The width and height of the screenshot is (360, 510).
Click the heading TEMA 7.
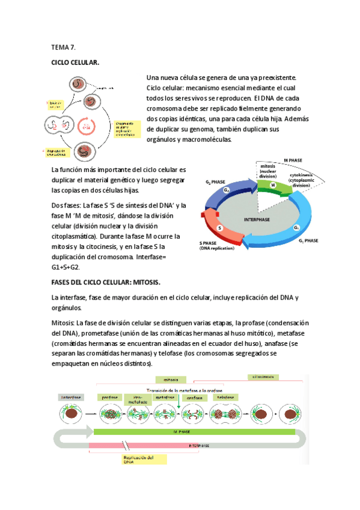[x=64, y=47]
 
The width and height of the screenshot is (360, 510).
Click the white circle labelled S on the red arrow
[x=220, y=229]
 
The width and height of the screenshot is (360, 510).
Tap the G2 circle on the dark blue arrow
[x=227, y=190]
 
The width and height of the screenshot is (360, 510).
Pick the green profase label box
[x=110, y=398]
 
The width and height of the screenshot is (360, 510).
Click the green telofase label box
[x=226, y=398]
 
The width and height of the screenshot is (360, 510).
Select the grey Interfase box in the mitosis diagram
[x=70, y=398]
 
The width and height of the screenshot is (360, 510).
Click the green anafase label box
[x=194, y=398]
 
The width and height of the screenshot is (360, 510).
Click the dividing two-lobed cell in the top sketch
[x=52, y=126]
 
